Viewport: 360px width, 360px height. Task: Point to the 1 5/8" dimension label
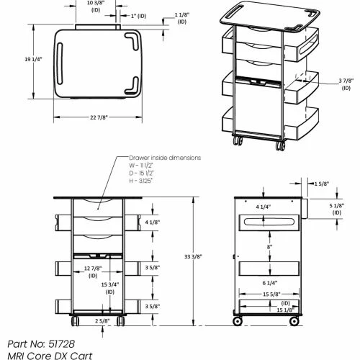click(x=322, y=184)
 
